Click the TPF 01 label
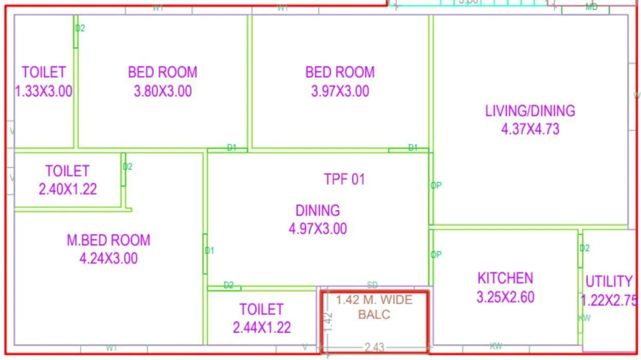344,179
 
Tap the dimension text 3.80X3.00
162,92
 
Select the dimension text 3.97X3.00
340,92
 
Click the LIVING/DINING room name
530,111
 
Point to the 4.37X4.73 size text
530,129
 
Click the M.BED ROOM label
108,240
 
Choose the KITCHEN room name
505,279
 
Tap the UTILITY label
609,282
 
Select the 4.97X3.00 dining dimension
318,229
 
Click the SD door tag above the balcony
372,285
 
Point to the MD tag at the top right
592,7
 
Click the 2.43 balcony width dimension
374,348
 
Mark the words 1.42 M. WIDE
374,300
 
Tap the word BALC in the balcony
374,314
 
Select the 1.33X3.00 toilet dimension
44,92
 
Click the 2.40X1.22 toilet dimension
67,189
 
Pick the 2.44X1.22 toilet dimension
262,328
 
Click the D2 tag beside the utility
584,248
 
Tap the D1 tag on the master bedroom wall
209,251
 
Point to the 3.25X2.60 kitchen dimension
505,297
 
